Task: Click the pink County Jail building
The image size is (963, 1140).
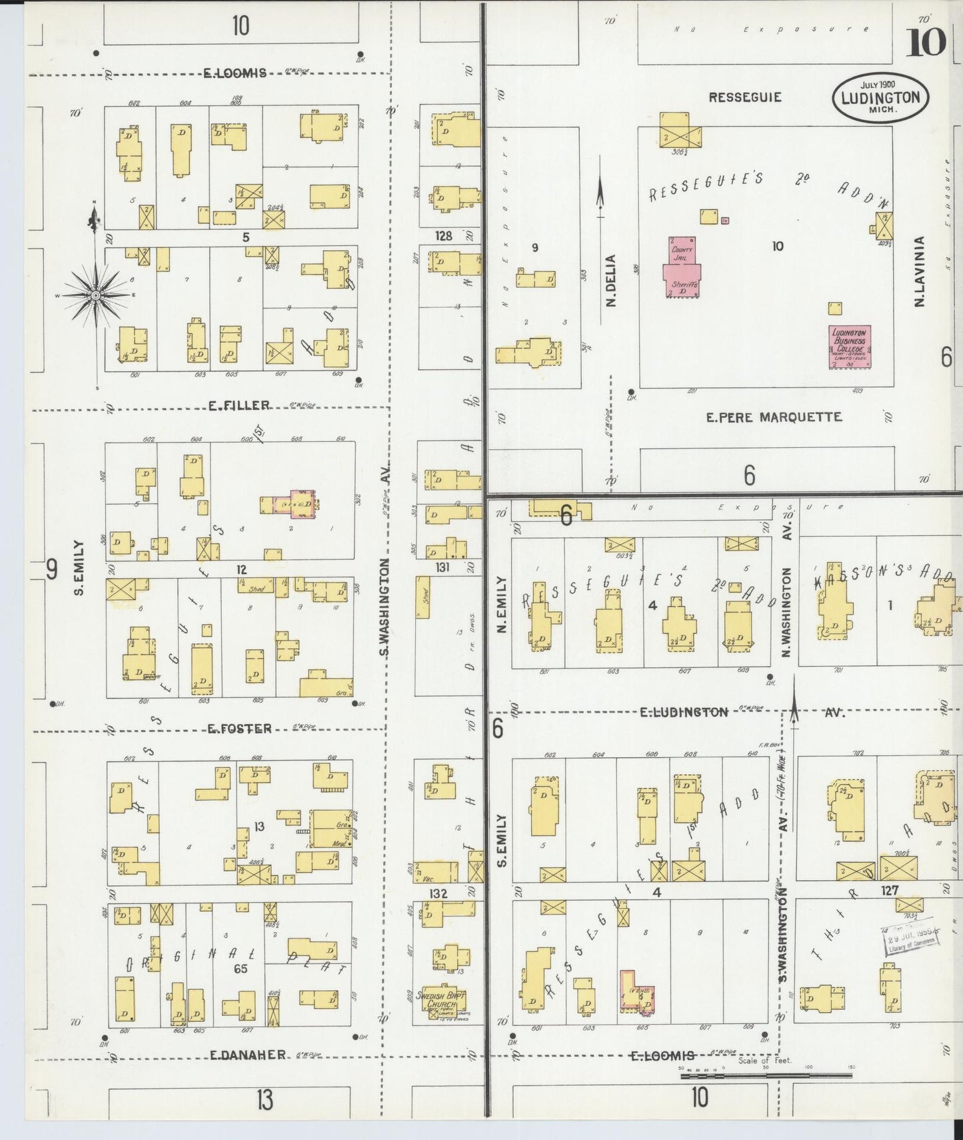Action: click(x=682, y=266)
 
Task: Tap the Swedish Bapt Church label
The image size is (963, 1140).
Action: click(x=441, y=1001)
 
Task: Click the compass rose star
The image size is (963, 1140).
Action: click(x=96, y=295)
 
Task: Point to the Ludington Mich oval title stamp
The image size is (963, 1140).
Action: click(x=880, y=97)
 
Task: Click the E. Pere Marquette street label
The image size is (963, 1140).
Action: click(x=774, y=417)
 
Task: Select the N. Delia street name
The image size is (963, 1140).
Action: click(x=610, y=281)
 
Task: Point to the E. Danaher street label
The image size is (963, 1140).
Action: click(x=248, y=1055)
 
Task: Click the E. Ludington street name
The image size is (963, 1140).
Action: click(x=684, y=713)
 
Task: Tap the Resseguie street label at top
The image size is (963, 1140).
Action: click(x=745, y=97)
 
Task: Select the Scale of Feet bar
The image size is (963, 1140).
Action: click(x=766, y=1075)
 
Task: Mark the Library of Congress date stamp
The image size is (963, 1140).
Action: click(x=911, y=941)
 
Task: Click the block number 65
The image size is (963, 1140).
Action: click(x=240, y=969)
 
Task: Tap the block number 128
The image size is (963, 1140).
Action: click(x=443, y=236)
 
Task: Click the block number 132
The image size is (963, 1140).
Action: click(x=439, y=893)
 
